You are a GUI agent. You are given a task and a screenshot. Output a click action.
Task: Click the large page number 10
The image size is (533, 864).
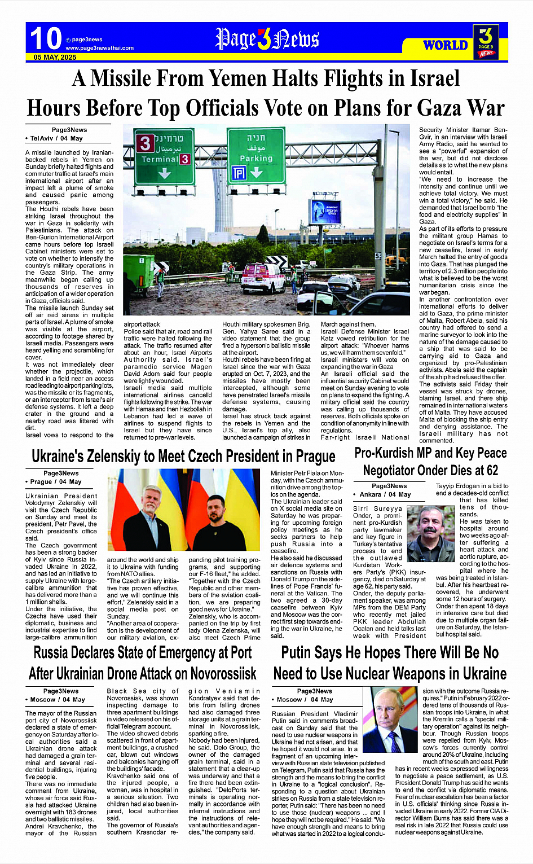coord(46,38)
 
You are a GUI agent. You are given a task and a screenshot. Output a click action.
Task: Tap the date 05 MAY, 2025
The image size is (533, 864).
coord(55,58)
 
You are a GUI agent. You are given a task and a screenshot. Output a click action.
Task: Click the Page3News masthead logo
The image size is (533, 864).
coord(267,40)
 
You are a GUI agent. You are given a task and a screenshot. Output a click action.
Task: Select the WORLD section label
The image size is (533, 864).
coord(445,45)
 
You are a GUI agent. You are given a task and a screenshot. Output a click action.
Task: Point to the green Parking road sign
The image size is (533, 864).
coord(256,154)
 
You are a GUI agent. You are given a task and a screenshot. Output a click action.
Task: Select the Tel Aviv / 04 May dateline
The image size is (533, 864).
coord(56,138)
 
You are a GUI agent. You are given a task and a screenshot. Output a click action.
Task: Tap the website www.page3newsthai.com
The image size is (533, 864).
coord(100,48)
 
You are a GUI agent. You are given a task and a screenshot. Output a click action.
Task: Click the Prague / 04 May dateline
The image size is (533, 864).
coord(56,482)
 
